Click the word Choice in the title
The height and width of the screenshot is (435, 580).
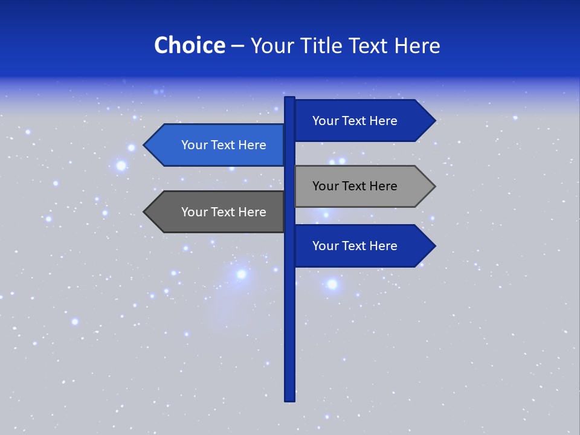(189, 46)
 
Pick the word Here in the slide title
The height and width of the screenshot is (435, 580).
(417, 46)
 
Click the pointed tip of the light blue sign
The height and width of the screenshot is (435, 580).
(145, 145)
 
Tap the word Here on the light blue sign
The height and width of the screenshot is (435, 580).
(251, 145)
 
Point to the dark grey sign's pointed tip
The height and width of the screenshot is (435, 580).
(145, 212)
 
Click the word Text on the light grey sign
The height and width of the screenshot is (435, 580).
(355, 186)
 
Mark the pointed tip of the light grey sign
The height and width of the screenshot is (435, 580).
(434, 186)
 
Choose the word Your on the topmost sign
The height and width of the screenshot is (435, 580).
(325, 121)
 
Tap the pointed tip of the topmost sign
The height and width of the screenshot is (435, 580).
(434, 121)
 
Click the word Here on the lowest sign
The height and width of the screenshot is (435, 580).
(382, 246)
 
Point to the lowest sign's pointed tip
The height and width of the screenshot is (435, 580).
(434, 246)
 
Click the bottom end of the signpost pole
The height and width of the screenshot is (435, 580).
(289, 399)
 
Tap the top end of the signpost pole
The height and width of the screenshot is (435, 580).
(289, 98)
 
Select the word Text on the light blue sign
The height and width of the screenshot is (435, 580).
(224, 145)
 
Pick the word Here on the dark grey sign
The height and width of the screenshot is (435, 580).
(251, 212)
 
